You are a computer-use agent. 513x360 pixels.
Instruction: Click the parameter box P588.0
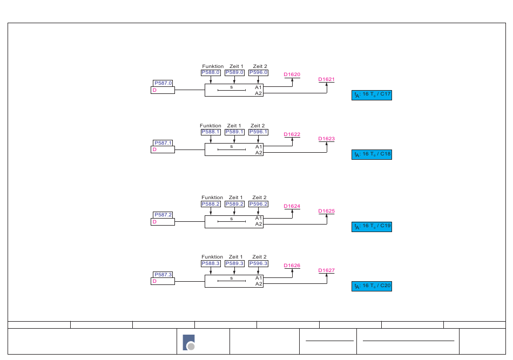pos(211,72)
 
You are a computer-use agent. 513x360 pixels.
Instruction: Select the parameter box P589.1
pos(234,132)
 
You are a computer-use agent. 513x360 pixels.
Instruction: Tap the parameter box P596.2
pos(259,204)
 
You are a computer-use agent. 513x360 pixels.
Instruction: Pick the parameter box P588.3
pos(211,263)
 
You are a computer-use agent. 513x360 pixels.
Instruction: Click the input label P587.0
pos(163,83)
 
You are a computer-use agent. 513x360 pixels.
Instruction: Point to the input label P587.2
pos(163,215)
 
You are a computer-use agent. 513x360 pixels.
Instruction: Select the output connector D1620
pos(292,74)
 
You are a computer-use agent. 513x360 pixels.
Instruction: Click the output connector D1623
pos(327,139)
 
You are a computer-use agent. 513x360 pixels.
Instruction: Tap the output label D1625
pos(327,211)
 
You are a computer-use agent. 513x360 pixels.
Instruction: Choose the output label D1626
pos(292,266)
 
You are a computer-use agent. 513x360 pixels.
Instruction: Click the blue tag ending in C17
pos(372,95)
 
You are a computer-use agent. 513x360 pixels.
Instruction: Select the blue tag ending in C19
pos(372,227)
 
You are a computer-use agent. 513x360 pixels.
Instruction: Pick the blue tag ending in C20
pos(372,286)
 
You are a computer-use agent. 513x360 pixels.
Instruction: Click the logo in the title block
pos(189,342)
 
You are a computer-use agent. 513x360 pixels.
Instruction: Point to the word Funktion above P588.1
pos(211,126)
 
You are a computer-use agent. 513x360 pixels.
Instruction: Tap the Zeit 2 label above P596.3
pos(259,257)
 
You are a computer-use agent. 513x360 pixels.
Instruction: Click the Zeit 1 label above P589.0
pos(236,66)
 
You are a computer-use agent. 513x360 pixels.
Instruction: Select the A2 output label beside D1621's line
pos(259,93)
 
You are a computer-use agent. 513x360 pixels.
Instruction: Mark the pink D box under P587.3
pos(163,281)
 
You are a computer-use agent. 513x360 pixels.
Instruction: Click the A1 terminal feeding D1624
pos(259,218)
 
